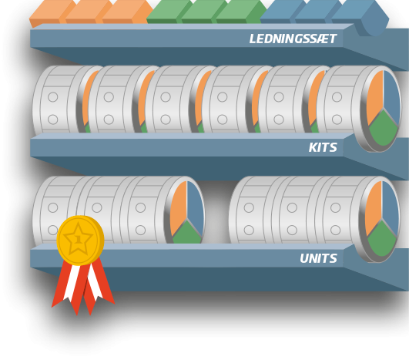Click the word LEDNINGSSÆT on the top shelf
(x=293, y=39)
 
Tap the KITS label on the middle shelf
(x=323, y=147)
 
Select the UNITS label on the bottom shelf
(x=318, y=258)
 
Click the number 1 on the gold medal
(x=78, y=239)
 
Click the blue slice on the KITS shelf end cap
(x=392, y=96)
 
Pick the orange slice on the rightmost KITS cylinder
(x=374, y=97)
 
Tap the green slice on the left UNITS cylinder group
(x=187, y=232)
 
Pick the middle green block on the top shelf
(x=204, y=12)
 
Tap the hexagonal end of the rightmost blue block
(x=375, y=19)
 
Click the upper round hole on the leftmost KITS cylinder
(x=53, y=97)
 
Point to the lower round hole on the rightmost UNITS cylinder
(x=336, y=230)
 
